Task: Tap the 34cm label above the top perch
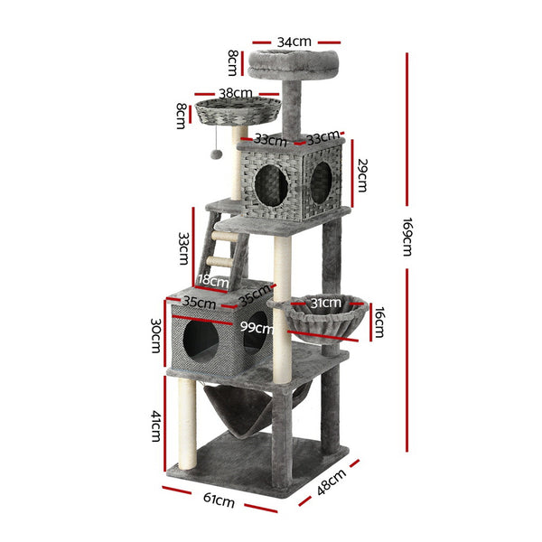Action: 295,41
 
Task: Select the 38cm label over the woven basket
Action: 236,92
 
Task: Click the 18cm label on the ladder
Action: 212,280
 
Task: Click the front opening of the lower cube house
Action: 201,342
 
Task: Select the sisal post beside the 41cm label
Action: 187,425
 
